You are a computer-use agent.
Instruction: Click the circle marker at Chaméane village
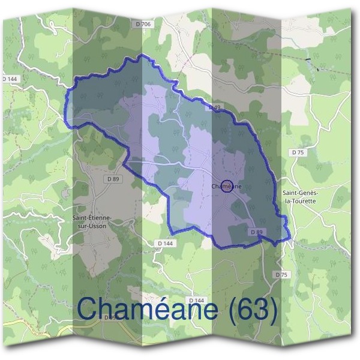(227, 187)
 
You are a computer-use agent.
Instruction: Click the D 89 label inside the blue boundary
(256, 232)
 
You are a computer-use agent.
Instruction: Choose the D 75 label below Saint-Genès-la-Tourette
(281, 274)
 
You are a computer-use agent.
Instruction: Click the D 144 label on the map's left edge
(10, 79)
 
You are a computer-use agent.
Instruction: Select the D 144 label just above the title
(196, 299)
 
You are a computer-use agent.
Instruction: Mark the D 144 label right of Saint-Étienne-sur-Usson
(164, 242)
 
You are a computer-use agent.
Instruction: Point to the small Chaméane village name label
(227, 187)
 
